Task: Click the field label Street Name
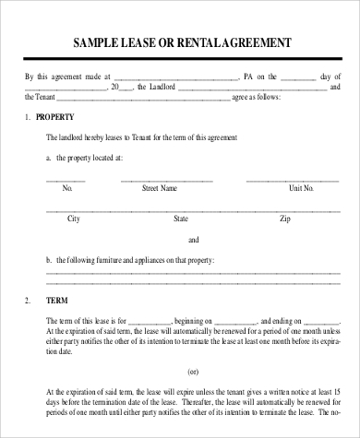(x=159, y=188)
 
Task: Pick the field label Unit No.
(x=302, y=188)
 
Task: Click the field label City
(x=74, y=219)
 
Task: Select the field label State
(x=181, y=219)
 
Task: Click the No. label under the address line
(x=66, y=188)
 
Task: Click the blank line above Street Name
(x=159, y=180)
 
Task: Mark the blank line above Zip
(x=285, y=211)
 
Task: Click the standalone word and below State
(x=193, y=240)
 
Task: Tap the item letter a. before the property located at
(x=49, y=158)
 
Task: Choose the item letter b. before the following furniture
(x=49, y=261)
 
